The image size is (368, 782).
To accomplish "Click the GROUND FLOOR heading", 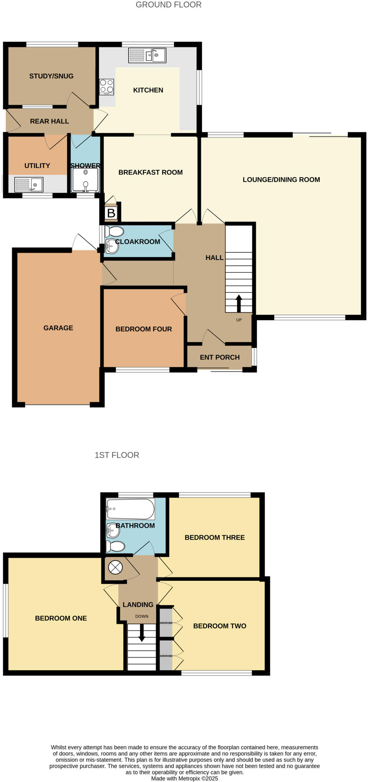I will pyautogui.click(x=168, y=5).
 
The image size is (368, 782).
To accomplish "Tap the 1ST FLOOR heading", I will pyautogui.click(x=117, y=455).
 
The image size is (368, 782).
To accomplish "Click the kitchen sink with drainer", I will pyautogui.click(x=147, y=55).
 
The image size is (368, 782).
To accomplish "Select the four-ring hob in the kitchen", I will pyautogui.click(x=106, y=87).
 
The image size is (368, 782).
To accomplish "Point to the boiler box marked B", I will pyautogui.click(x=111, y=213).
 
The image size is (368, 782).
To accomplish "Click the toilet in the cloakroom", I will pyautogui.click(x=114, y=231).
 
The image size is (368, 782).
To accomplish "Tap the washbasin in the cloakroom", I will pyautogui.click(x=112, y=246).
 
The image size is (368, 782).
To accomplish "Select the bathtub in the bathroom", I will pyautogui.click(x=130, y=509).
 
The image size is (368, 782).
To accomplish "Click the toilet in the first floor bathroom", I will pyautogui.click(x=115, y=546).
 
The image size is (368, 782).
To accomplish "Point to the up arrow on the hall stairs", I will pyautogui.click(x=239, y=303).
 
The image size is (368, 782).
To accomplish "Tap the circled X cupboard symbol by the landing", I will pyautogui.click(x=115, y=567).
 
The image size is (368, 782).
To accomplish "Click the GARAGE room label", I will pyautogui.click(x=58, y=328).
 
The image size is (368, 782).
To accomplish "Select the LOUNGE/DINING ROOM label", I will pyautogui.click(x=281, y=179).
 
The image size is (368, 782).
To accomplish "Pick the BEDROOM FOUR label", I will pyautogui.click(x=143, y=329).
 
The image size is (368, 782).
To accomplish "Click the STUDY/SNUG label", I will pyautogui.click(x=51, y=76).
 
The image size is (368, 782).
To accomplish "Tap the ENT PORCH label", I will pyautogui.click(x=220, y=357).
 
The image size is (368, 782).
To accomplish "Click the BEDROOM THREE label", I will pyautogui.click(x=215, y=537).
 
